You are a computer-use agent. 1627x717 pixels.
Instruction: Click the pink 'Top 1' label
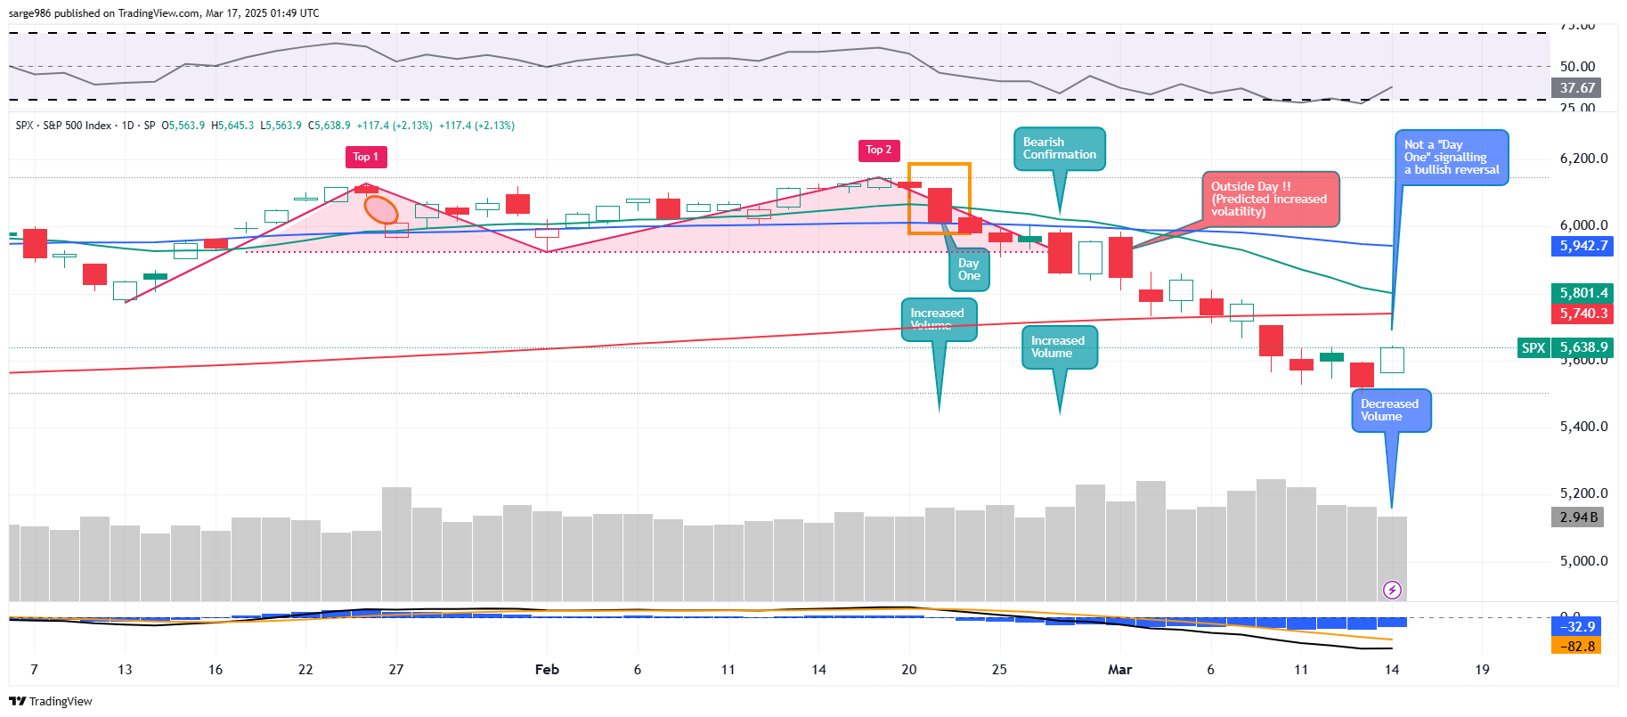click(x=366, y=157)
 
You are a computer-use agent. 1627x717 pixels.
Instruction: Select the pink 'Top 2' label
click(x=879, y=150)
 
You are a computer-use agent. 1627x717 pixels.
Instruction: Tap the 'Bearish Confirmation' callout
click(x=1059, y=149)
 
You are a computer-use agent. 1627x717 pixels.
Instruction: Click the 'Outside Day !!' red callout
click(x=1270, y=199)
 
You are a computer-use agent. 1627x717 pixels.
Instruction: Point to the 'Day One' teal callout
click(x=969, y=270)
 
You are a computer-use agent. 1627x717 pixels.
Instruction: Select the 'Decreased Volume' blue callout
click(x=1390, y=411)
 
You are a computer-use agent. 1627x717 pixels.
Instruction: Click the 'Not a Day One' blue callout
click(x=1451, y=158)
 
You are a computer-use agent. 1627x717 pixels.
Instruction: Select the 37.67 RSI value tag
click(x=1577, y=88)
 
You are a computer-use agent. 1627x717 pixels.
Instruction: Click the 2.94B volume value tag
click(x=1578, y=517)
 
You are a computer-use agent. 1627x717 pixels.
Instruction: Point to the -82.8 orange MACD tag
click(x=1577, y=646)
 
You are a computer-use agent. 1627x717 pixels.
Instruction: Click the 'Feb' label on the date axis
click(x=547, y=670)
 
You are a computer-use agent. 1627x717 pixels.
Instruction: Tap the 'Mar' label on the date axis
click(x=1119, y=670)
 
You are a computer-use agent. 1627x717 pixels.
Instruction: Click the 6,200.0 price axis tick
click(x=1583, y=159)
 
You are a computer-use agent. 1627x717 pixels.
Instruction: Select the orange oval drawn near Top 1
click(x=382, y=209)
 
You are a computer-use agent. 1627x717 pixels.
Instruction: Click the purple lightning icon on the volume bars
click(x=1392, y=590)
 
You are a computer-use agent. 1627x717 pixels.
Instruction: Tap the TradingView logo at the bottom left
click(x=51, y=702)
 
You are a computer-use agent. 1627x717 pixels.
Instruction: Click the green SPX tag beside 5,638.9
click(x=1533, y=348)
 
